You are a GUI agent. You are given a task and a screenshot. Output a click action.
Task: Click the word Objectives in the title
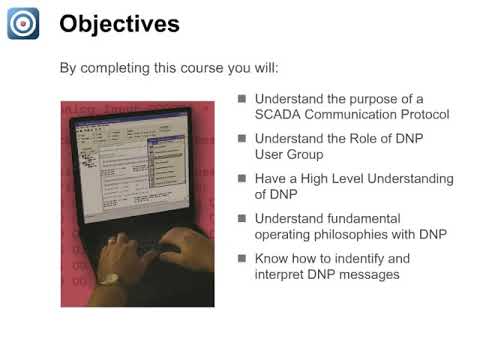(x=120, y=23)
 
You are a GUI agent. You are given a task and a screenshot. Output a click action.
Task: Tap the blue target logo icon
(x=23, y=23)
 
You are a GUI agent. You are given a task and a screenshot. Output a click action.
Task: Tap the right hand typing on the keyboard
(x=183, y=245)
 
